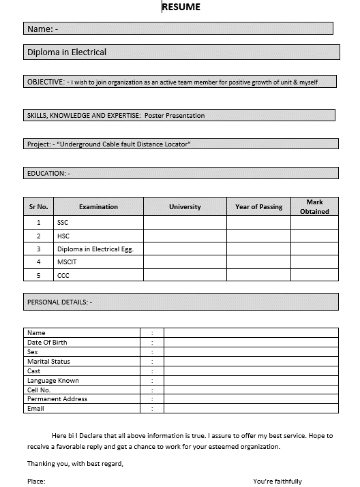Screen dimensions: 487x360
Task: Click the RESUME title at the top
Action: [x=181, y=7]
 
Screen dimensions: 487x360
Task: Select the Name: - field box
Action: [x=178, y=29]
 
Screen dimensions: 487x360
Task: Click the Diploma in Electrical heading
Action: [x=67, y=52]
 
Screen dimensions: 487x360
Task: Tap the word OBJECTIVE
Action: [x=45, y=82]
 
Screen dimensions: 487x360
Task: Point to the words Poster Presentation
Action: [x=175, y=116]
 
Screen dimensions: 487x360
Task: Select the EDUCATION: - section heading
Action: [x=48, y=174]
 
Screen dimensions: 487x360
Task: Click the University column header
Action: [x=185, y=207]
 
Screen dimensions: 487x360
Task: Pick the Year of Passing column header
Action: [x=258, y=207]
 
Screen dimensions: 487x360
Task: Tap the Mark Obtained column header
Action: [x=314, y=207]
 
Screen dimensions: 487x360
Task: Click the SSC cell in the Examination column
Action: [x=63, y=223]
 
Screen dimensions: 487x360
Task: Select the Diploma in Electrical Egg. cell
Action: [x=95, y=249]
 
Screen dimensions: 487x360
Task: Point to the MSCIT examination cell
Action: [x=67, y=262]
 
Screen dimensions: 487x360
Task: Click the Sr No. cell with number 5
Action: [x=39, y=276]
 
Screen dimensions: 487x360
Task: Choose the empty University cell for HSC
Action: [x=185, y=236]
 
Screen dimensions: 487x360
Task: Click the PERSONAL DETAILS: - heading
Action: [x=59, y=302]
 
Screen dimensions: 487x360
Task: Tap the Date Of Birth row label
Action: [x=47, y=343]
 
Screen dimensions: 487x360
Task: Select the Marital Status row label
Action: [x=48, y=362]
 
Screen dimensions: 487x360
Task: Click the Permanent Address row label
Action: [x=57, y=399]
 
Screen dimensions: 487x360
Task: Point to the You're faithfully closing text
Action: [x=277, y=482]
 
